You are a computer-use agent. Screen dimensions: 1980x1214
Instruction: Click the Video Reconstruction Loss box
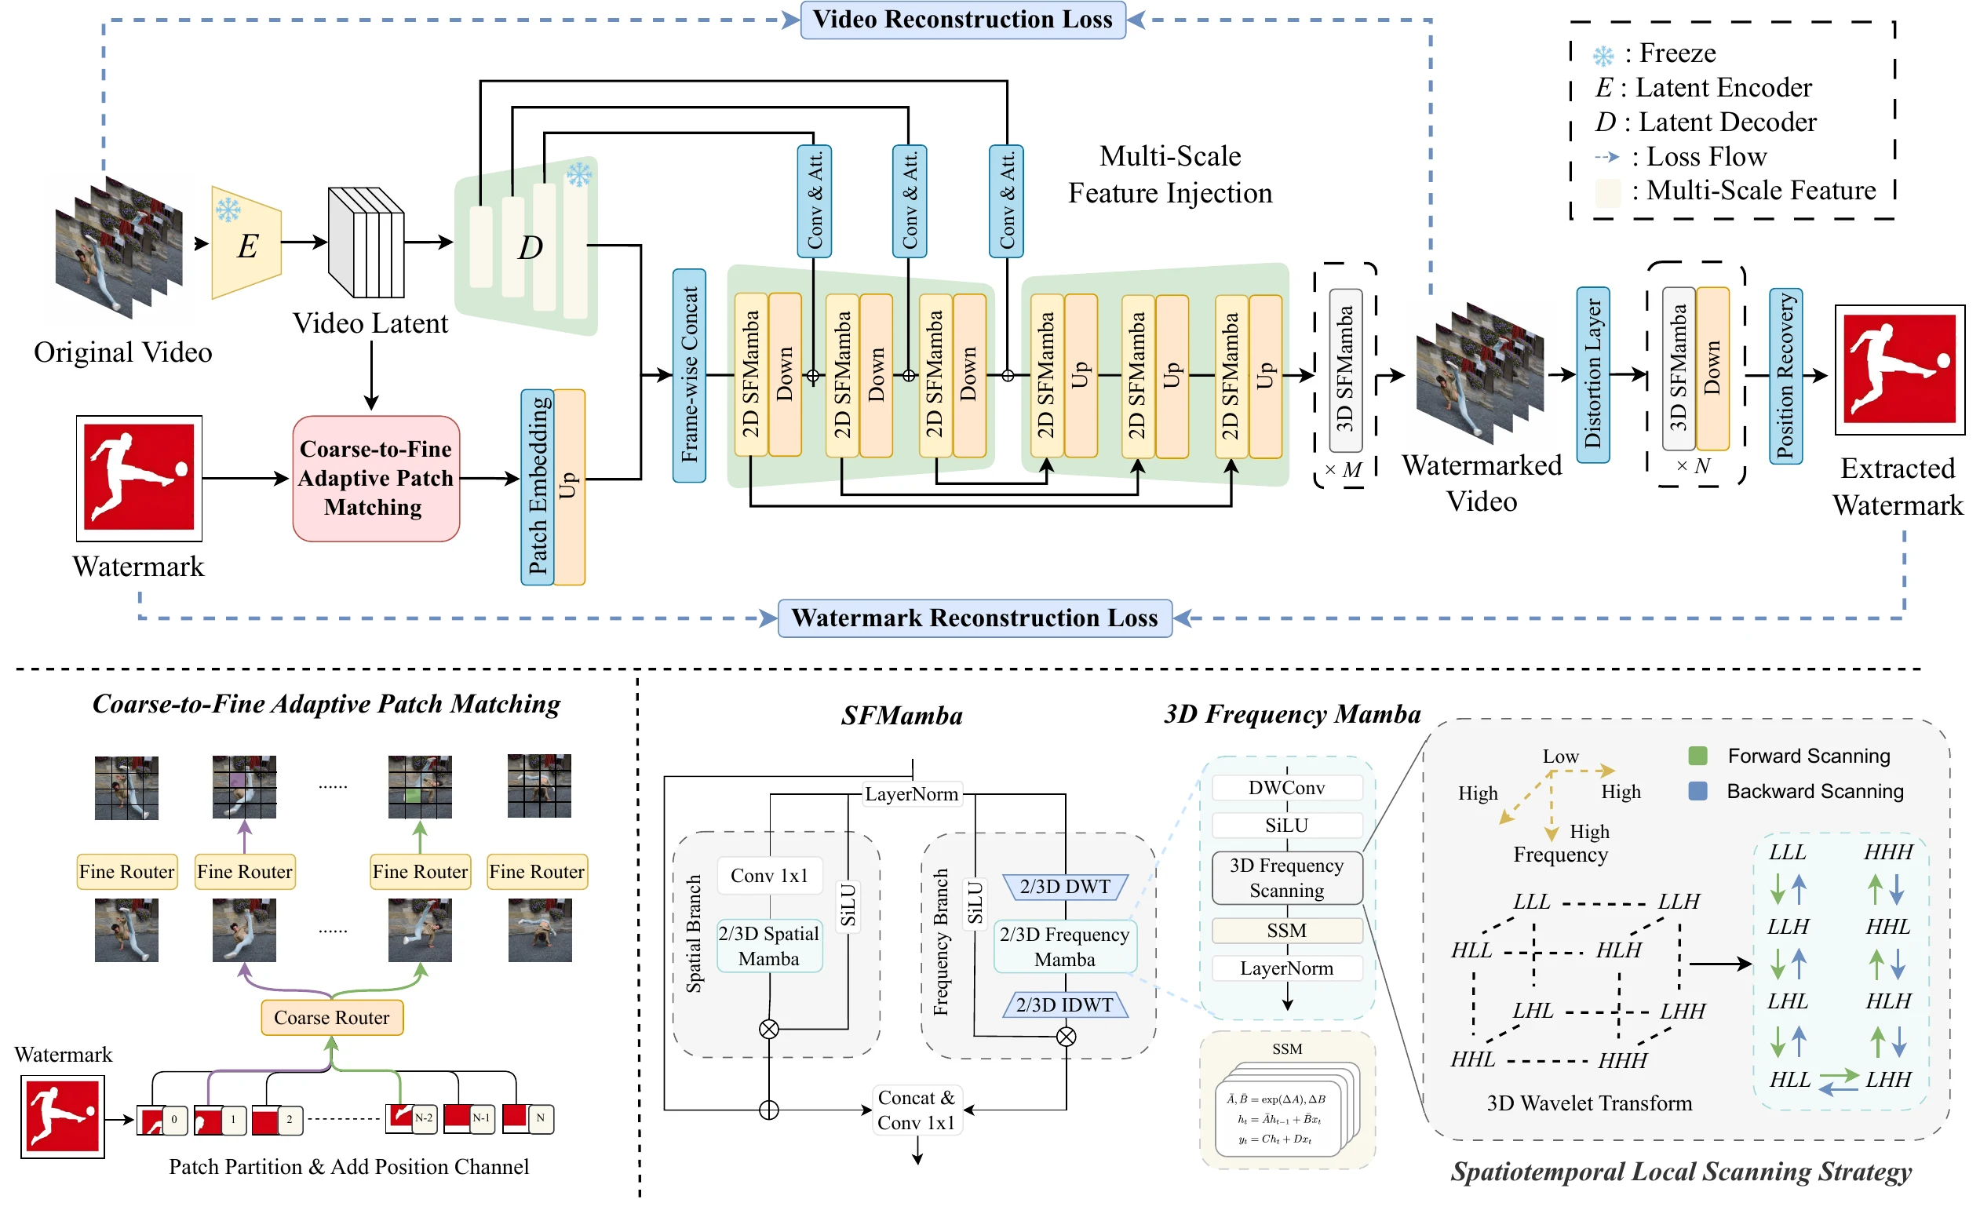[x=963, y=20]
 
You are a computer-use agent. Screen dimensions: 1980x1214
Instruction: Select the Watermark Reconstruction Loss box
[x=975, y=618]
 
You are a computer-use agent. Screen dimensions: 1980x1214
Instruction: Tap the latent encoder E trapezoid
[x=246, y=242]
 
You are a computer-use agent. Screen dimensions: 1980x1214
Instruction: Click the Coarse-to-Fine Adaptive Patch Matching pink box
[x=376, y=479]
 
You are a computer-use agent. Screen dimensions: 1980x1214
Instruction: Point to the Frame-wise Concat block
[x=690, y=375]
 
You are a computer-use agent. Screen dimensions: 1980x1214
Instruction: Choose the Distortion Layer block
[x=1592, y=374]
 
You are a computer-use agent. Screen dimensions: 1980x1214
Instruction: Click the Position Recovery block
[x=1785, y=376]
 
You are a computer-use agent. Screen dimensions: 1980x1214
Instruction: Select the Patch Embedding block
[x=538, y=487]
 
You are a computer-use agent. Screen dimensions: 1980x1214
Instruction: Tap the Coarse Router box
[x=332, y=1017]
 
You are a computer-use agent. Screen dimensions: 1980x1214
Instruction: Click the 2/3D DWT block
[x=1066, y=887]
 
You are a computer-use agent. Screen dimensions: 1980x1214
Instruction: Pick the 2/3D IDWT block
[x=1066, y=1005]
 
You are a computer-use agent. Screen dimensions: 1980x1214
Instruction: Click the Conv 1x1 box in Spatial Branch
[x=769, y=876]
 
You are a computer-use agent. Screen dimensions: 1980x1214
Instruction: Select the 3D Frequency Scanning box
[x=1287, y=878]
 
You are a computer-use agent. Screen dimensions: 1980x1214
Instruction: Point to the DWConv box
[x=1287, y=788]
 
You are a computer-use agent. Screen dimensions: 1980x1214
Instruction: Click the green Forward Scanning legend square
[x=1698, y=755]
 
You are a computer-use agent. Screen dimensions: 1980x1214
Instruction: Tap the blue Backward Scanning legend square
[x=1698, y=791]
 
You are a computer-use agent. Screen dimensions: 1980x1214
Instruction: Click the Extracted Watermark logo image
[x=1900, y=370]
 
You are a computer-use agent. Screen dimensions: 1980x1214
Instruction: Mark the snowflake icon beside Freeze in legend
[x=1603, y=56]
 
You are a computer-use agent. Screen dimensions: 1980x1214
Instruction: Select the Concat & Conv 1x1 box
[x=917, y=1110]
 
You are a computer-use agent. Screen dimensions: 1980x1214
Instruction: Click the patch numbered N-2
[x=411, y=1117]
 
